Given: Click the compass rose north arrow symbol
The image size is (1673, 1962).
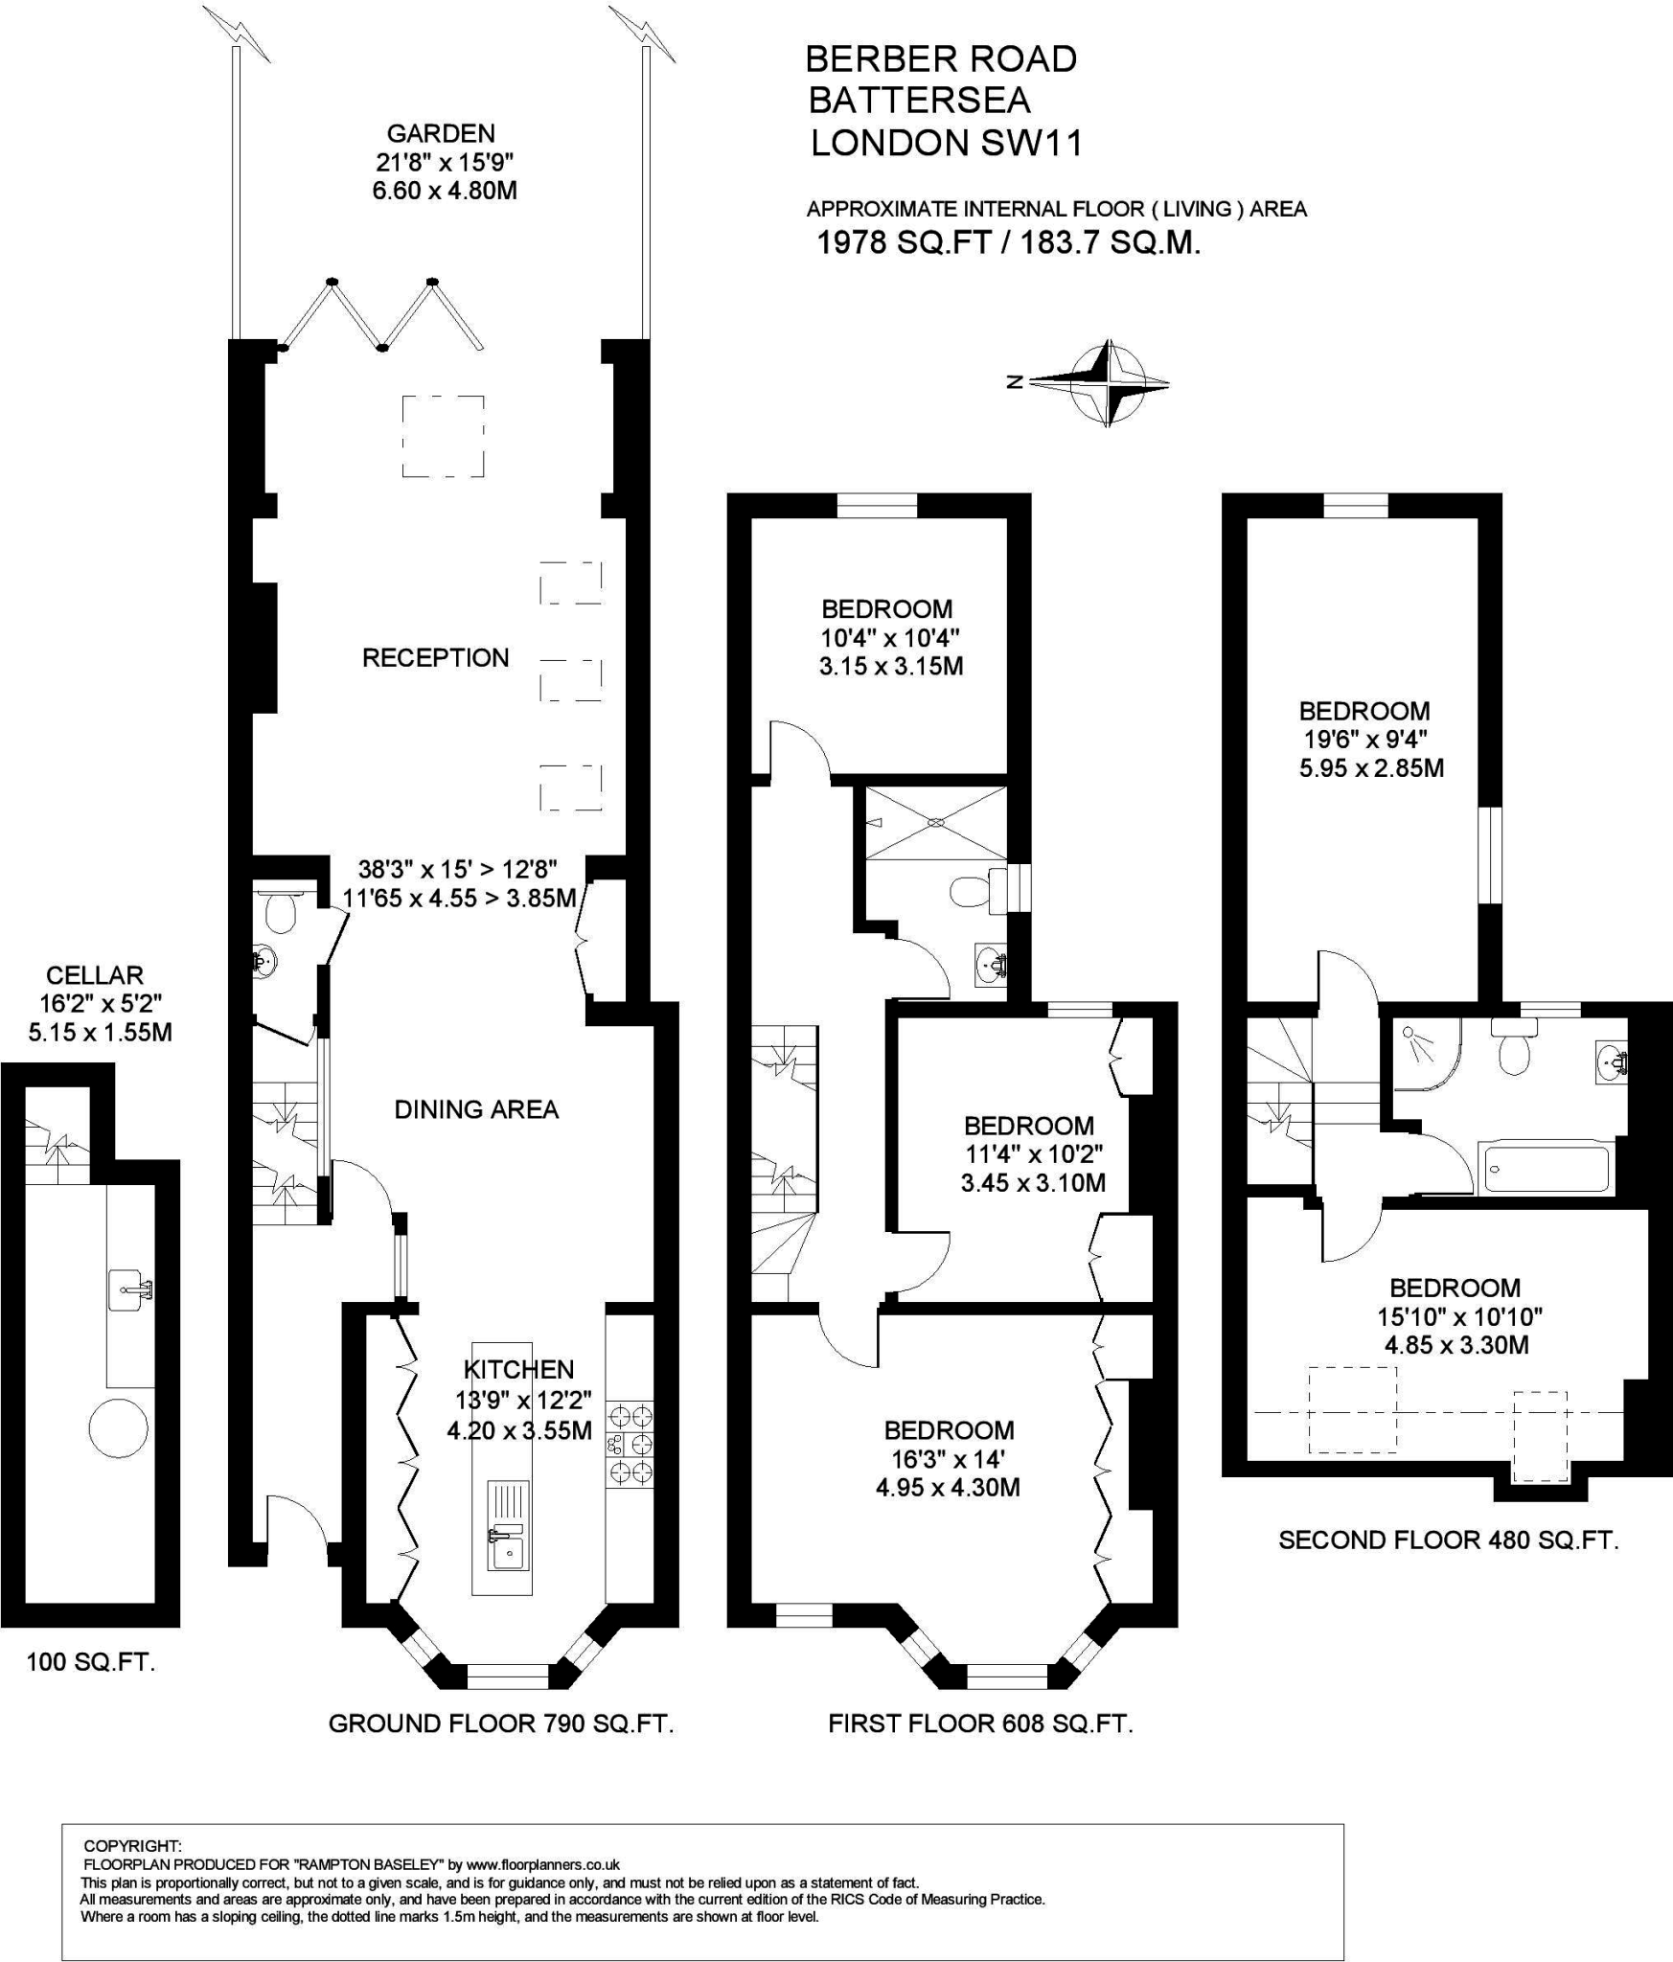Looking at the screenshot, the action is click(1109, 383).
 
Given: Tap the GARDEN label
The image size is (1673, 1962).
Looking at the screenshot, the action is click(441, 133).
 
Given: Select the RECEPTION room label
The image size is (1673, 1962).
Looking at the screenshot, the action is click(436, 658).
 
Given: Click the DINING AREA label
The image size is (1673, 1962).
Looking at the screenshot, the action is click(476, 1109).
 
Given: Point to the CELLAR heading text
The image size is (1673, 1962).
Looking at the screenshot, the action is click(95, 975).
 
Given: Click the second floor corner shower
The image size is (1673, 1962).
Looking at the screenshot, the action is click(1426, 1055).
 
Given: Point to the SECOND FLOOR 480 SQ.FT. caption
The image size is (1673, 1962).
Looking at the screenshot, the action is click(1449, 1540).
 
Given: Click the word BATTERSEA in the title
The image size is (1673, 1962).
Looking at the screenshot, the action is click(919, 101).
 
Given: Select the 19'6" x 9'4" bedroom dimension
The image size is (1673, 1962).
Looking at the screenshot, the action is click(1365, 740).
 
